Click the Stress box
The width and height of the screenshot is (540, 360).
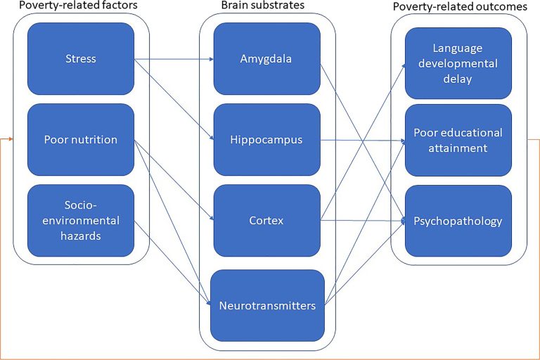point(81,58)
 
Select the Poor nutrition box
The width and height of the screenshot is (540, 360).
point(81,139)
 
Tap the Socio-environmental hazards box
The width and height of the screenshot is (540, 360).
point(81,219)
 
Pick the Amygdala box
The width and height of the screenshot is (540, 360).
point(266,58)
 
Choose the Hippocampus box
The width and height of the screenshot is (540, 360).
point(266,139)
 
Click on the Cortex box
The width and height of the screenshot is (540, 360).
point(266,220)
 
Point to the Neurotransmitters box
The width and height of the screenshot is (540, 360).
point(266,305)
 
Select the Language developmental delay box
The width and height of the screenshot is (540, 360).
point(458,63)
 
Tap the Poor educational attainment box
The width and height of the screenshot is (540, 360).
point(458,140)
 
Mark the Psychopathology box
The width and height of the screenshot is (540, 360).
point(458,221)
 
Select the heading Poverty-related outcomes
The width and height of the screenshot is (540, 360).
point(461,6)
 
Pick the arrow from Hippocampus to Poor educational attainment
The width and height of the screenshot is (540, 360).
point(362,140)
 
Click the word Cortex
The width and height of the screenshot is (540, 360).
point(266,220)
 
